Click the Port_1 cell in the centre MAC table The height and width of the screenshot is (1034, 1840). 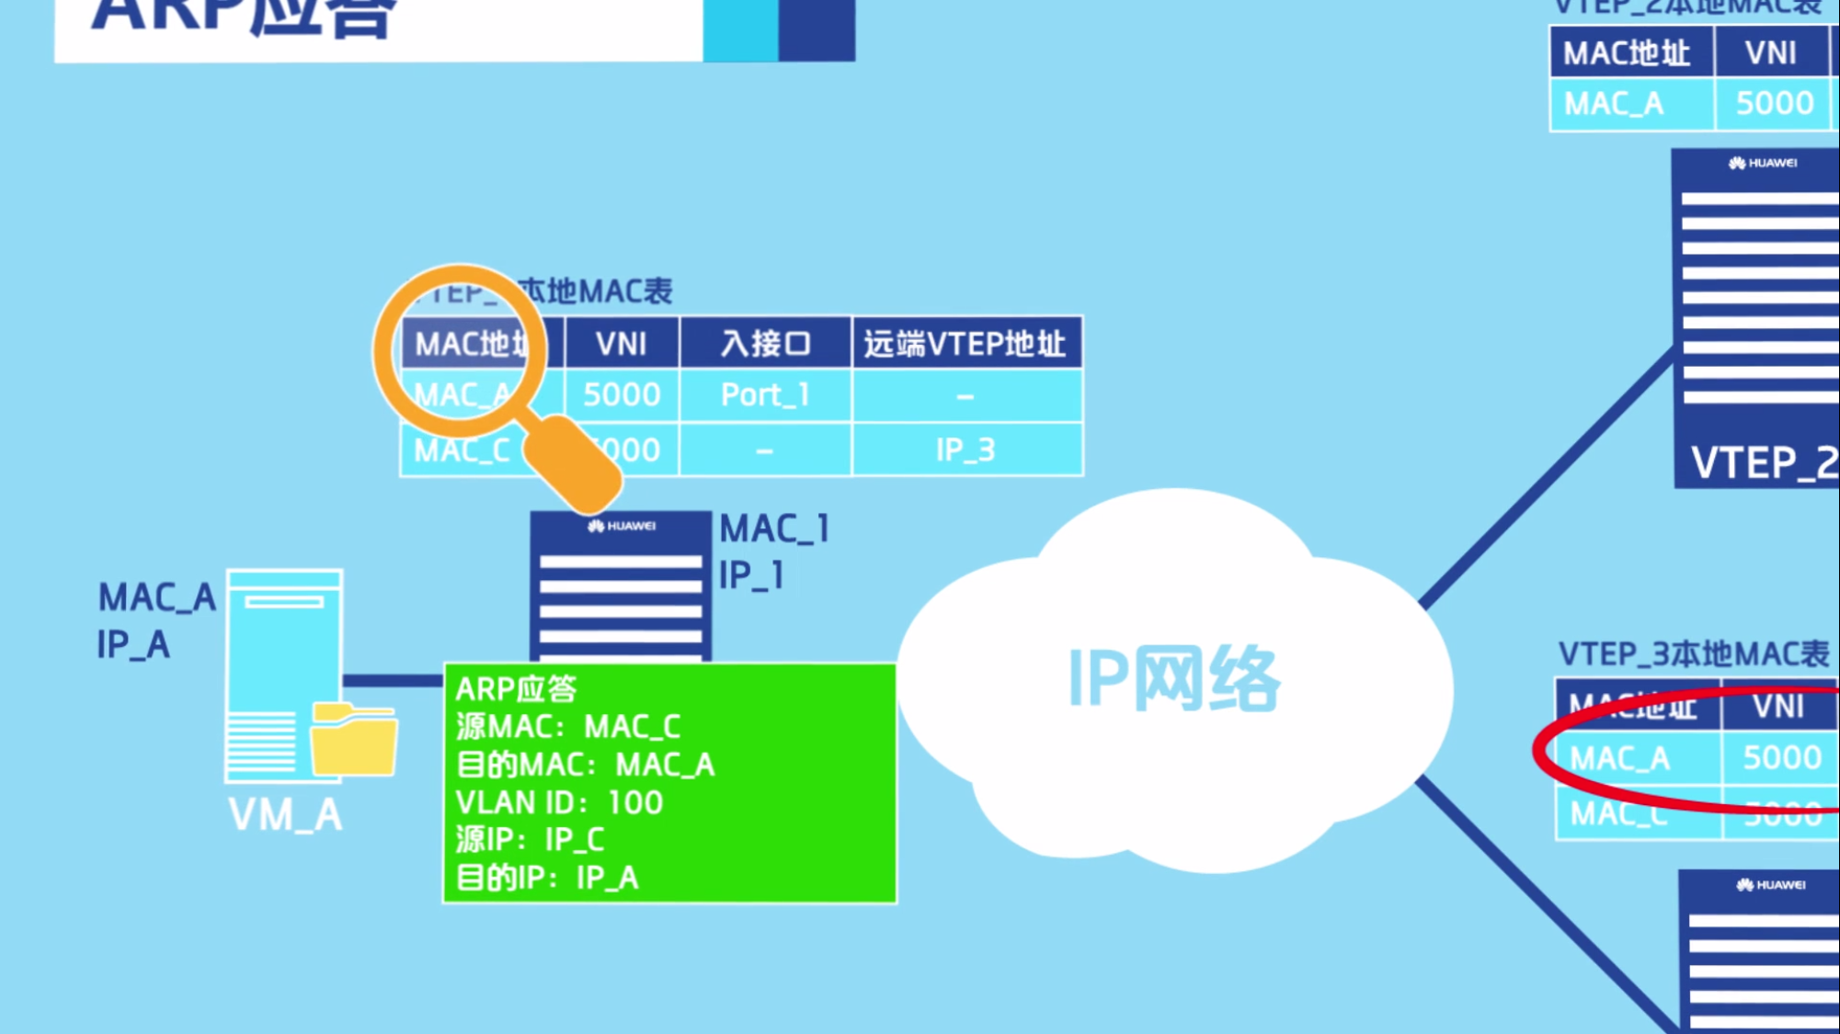(765, 395)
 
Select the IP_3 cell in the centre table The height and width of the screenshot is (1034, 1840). (966, 449)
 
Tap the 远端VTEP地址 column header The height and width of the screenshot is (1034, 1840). (966, 344)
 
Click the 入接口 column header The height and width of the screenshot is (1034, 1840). (765, 344)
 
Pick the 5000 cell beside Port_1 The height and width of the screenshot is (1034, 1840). (622, 395)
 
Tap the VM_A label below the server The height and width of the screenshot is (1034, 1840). (285, 815)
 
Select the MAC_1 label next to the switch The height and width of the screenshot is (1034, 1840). (774, 529)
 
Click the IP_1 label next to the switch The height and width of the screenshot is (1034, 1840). (751, 576)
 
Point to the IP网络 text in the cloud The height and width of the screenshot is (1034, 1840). (1173, 679)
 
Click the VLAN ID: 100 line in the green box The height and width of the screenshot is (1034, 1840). (559, 802)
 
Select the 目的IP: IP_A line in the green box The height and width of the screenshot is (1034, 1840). (547, 878)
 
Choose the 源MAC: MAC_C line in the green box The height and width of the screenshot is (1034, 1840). (568, 727)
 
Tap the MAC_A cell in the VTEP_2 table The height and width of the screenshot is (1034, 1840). (1614, 104)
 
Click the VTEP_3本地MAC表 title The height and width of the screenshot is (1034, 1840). (1693, 654)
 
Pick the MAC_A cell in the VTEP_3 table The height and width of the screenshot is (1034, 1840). (1620, 758)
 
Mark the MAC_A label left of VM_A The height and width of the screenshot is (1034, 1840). (157, 598)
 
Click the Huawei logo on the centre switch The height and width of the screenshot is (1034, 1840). (622, 526)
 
